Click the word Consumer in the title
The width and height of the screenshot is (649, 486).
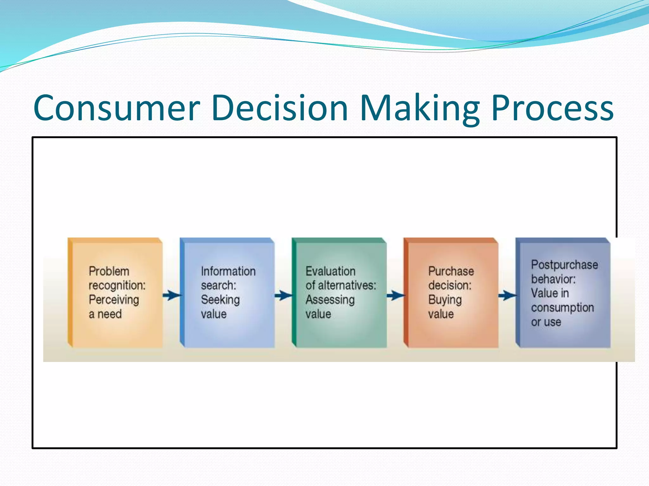pos(116,108)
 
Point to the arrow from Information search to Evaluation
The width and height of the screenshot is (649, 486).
pos(283,296)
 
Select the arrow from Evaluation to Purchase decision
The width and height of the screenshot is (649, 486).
pos(395,296)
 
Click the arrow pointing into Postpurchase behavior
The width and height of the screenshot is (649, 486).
pos(507,296)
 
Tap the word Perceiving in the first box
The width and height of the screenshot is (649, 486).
pos(114,300)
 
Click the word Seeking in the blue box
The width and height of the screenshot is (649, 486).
pos(220,300)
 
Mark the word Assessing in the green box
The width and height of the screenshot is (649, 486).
pos(330,300)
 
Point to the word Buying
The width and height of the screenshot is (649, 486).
pos(445,300)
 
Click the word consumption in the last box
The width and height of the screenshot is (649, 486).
pos(562,308)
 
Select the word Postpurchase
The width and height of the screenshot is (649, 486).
pos(564,265)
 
